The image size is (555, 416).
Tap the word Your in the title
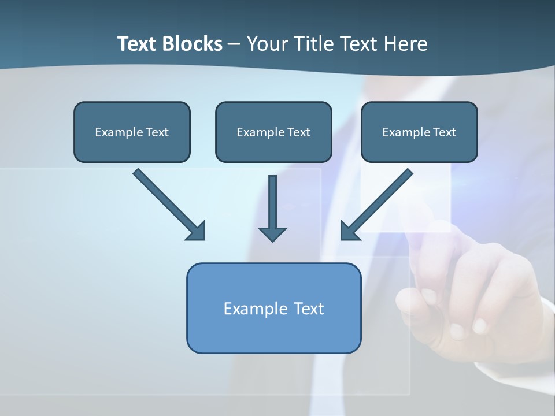(x=269, y=44)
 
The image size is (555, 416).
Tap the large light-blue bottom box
(x=273, y=332)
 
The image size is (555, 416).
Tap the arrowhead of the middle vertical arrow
(x=272, y=234)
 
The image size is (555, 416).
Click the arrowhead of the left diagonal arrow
(x=197, y=231)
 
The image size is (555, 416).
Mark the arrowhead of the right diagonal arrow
(x=349, y=231)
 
